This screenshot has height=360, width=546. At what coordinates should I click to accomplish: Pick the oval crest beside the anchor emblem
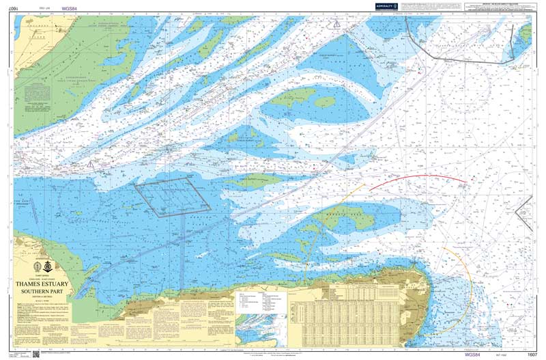pos(38,266)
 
